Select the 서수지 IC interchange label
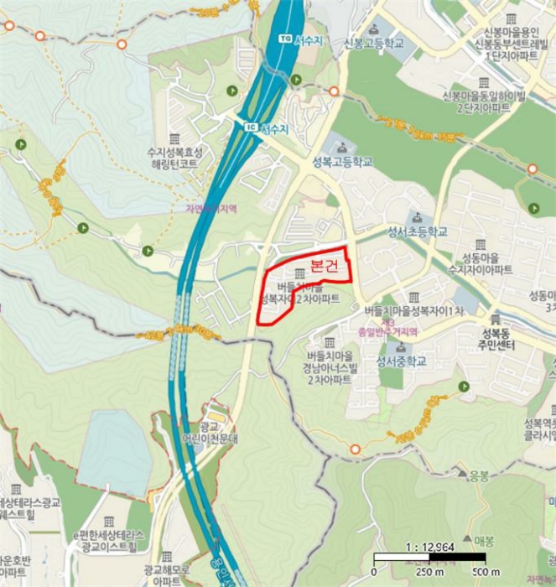point(274,128)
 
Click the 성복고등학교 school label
point(340,162)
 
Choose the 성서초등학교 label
point(417,231)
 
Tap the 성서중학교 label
point(402,362)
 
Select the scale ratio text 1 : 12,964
point(424,547)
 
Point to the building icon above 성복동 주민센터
point(495,319)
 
